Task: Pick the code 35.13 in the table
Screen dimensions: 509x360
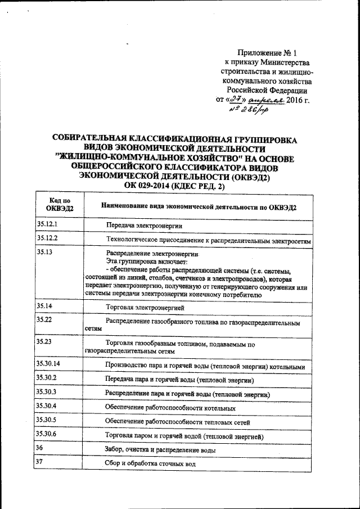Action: (44, 252)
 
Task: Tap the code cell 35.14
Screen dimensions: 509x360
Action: (44, 306)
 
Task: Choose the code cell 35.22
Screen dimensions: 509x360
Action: (44, 320)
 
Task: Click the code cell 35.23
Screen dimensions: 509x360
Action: (44, 341)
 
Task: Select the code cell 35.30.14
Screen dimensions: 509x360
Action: (48, 364)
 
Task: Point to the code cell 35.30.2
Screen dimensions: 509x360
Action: (47, 378)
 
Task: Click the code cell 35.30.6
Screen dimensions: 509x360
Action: (47, 434)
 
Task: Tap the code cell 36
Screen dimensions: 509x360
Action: (39, 448)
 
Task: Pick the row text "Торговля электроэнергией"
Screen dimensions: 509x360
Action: (145, 308)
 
